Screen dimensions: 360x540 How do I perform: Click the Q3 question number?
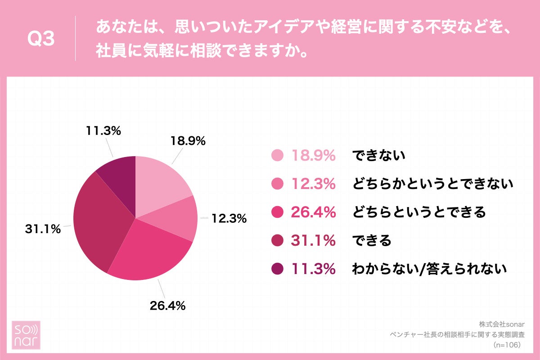tap(41, 40)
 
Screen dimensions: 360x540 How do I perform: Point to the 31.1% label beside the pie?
tap(43, 229)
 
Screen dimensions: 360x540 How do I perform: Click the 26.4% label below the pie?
tap(167, 306)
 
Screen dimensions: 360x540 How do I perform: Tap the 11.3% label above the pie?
tap(103, 131)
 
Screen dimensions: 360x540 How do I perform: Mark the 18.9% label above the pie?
tap(188, 141)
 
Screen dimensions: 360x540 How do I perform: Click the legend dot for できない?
tap(278, 156)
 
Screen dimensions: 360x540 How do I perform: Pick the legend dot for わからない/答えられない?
tap(278, 269)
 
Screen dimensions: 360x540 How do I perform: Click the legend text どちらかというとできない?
tap(432, 184)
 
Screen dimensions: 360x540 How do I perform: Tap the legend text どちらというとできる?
tap(418, 212)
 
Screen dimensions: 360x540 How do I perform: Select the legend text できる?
tap(372, 241)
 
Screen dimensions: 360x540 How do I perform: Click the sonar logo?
tap(26, 335)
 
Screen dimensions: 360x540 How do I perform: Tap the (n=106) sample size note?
tap(507, 345)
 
